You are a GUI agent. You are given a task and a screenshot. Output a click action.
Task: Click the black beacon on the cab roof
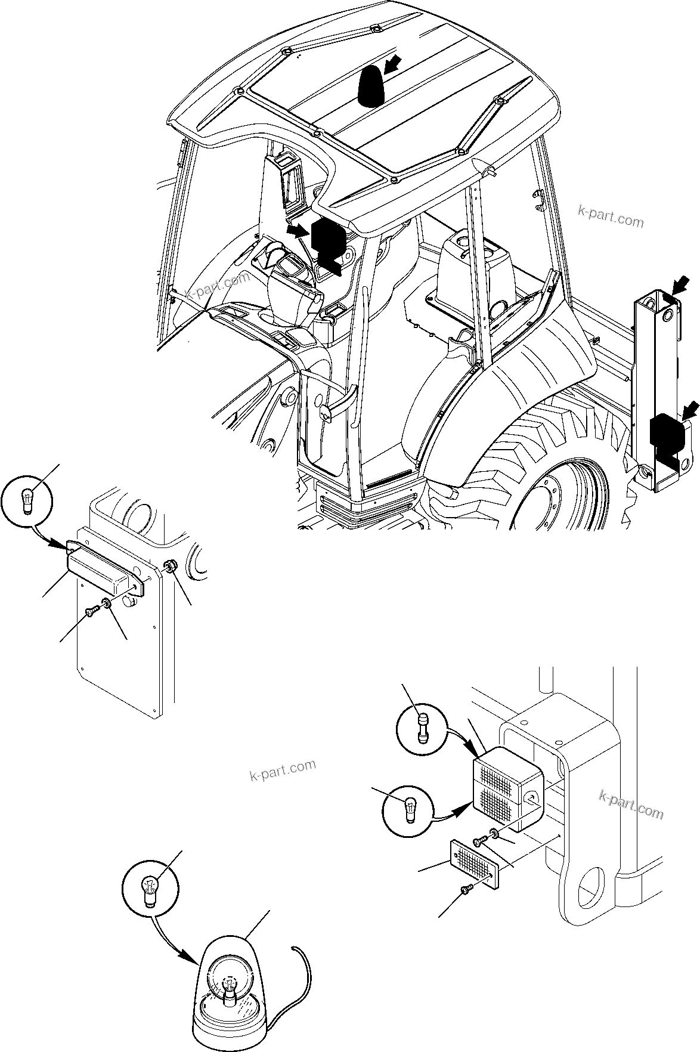(370, 88)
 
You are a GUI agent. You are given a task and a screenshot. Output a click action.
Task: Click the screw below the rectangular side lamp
(91, 611)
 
